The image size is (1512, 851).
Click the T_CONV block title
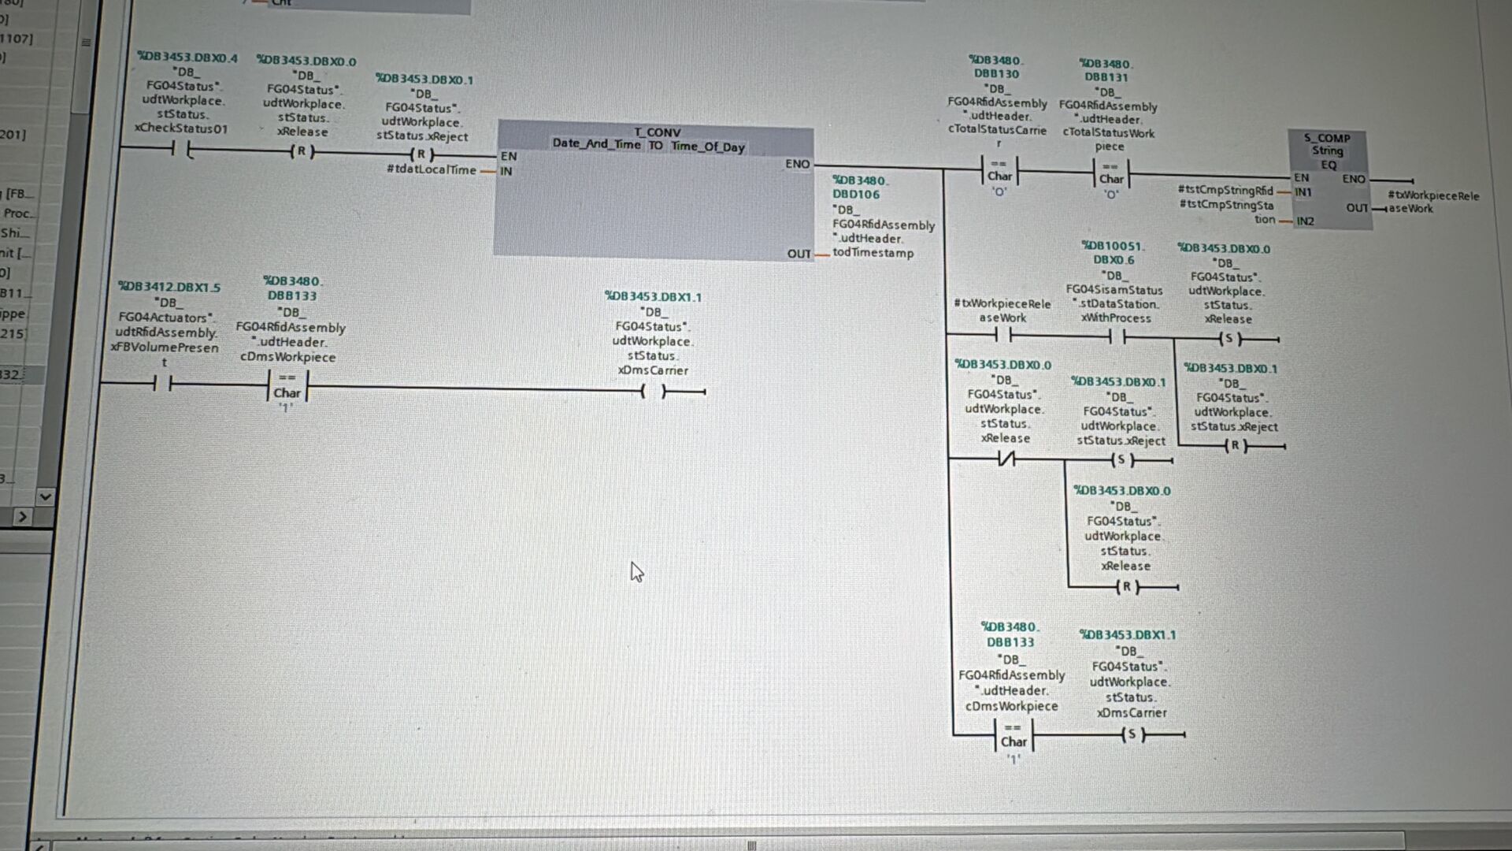pos(657,132)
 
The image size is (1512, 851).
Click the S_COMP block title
pos(1327,138)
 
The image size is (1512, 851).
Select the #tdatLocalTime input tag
pos(431,170)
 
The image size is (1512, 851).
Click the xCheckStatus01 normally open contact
pos(181,150)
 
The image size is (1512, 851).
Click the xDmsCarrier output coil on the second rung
pos(653,392)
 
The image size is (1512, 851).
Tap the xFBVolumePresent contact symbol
pos(163,385)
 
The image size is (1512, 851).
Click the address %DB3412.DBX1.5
pos(169,287)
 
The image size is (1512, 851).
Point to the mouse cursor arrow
pos(636,572)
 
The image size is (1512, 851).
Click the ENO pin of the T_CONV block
pos(797,164)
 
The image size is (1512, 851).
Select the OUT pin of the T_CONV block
pos(799,254)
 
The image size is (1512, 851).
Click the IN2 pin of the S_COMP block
pos(1305,221)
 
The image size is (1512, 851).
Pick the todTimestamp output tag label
pos(873,253)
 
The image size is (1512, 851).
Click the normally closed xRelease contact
pos(1006,459)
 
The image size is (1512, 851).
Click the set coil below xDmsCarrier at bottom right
pos(1132,735)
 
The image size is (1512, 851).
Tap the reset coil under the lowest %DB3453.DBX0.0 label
pos(1126,587)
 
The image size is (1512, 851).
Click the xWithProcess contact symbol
pos(1117,338)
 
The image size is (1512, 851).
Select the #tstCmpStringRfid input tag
pos(1225,191)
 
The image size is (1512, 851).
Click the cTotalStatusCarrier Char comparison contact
pos(999,171)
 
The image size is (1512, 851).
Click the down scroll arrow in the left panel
pos(45,496)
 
